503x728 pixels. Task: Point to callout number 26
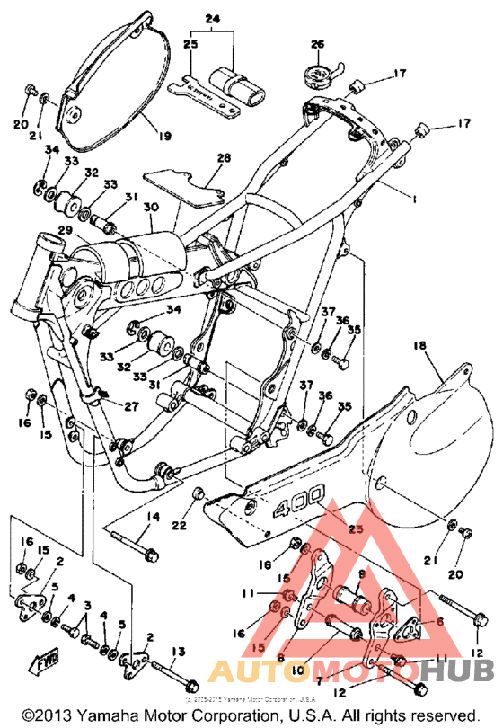[316, 44]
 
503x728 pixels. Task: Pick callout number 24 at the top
[212, 19]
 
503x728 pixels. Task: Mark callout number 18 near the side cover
[419, 344]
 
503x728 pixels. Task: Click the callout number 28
[222, 158]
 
